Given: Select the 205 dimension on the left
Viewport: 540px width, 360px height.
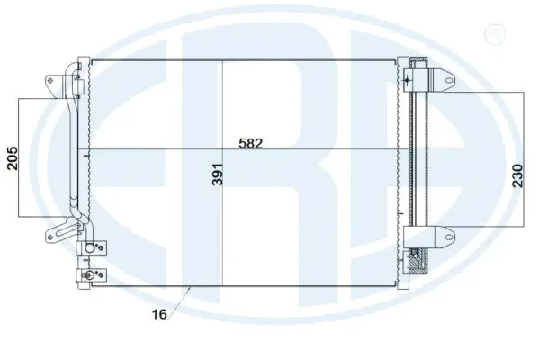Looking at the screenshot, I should [x=12, y=157].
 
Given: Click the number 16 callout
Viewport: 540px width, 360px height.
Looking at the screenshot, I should [x=158, y=315].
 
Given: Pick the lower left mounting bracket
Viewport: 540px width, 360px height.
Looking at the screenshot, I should [x=50, y=236].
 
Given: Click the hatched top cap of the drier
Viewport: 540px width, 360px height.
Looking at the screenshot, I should [x=417, y=64].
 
